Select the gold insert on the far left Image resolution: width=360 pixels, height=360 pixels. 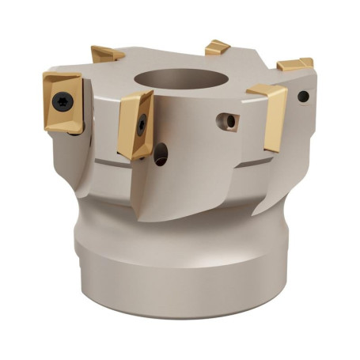click(x=63, y=103)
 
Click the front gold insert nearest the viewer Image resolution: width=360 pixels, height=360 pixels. click(x=135, y=123)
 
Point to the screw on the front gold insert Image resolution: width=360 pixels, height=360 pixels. click(x=141, y=123)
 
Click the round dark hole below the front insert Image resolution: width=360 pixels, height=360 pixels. click(x=161, y=153)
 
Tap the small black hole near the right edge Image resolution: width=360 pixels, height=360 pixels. click(x=303, y=97)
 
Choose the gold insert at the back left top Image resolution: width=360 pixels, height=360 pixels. click(x=106, y=54)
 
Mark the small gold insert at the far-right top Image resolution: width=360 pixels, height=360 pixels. click(x=295, y=63)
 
